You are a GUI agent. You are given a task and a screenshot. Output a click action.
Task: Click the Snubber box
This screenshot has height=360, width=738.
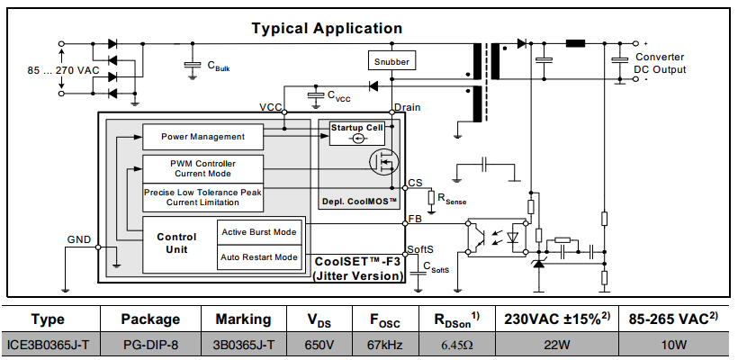[391, 61]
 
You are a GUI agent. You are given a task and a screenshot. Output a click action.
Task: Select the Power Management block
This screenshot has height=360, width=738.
[202, 137]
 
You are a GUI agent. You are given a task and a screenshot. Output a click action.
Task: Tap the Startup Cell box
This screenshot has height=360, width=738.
[356, 133]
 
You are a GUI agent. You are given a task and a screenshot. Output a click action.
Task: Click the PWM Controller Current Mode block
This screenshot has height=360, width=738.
[202, 169]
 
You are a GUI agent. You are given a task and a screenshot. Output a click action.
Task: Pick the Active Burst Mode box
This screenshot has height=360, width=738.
[259, 232]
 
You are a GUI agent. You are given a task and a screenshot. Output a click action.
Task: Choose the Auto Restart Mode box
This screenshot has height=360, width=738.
[259, 257]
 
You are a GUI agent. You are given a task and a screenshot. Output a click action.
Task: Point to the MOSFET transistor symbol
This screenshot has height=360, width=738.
[384, 162]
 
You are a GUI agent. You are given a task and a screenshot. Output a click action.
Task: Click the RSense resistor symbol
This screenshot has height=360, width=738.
[431, 197]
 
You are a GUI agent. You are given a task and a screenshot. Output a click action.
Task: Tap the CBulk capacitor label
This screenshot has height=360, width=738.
[219, 66]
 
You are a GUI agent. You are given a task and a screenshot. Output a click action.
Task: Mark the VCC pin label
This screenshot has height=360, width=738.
[271, 108]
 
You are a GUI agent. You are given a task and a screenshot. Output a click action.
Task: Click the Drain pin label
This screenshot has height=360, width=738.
[408, 107]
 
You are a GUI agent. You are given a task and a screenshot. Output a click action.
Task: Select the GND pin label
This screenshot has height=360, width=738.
[79, 239]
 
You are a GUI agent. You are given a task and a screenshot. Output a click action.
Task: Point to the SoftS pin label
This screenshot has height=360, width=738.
[420, 249]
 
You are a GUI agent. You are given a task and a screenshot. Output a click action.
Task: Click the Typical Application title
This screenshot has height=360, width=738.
[327, 28]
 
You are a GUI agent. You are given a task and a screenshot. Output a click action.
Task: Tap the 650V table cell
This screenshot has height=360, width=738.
[319, 345]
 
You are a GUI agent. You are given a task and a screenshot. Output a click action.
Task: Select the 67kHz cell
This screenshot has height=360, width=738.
[385, 345]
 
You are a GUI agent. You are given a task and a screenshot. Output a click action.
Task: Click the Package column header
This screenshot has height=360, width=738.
[150, 319]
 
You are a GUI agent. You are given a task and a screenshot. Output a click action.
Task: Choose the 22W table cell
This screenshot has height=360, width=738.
[557, 345]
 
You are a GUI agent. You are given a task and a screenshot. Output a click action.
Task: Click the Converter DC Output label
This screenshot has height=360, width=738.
[660, 64]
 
